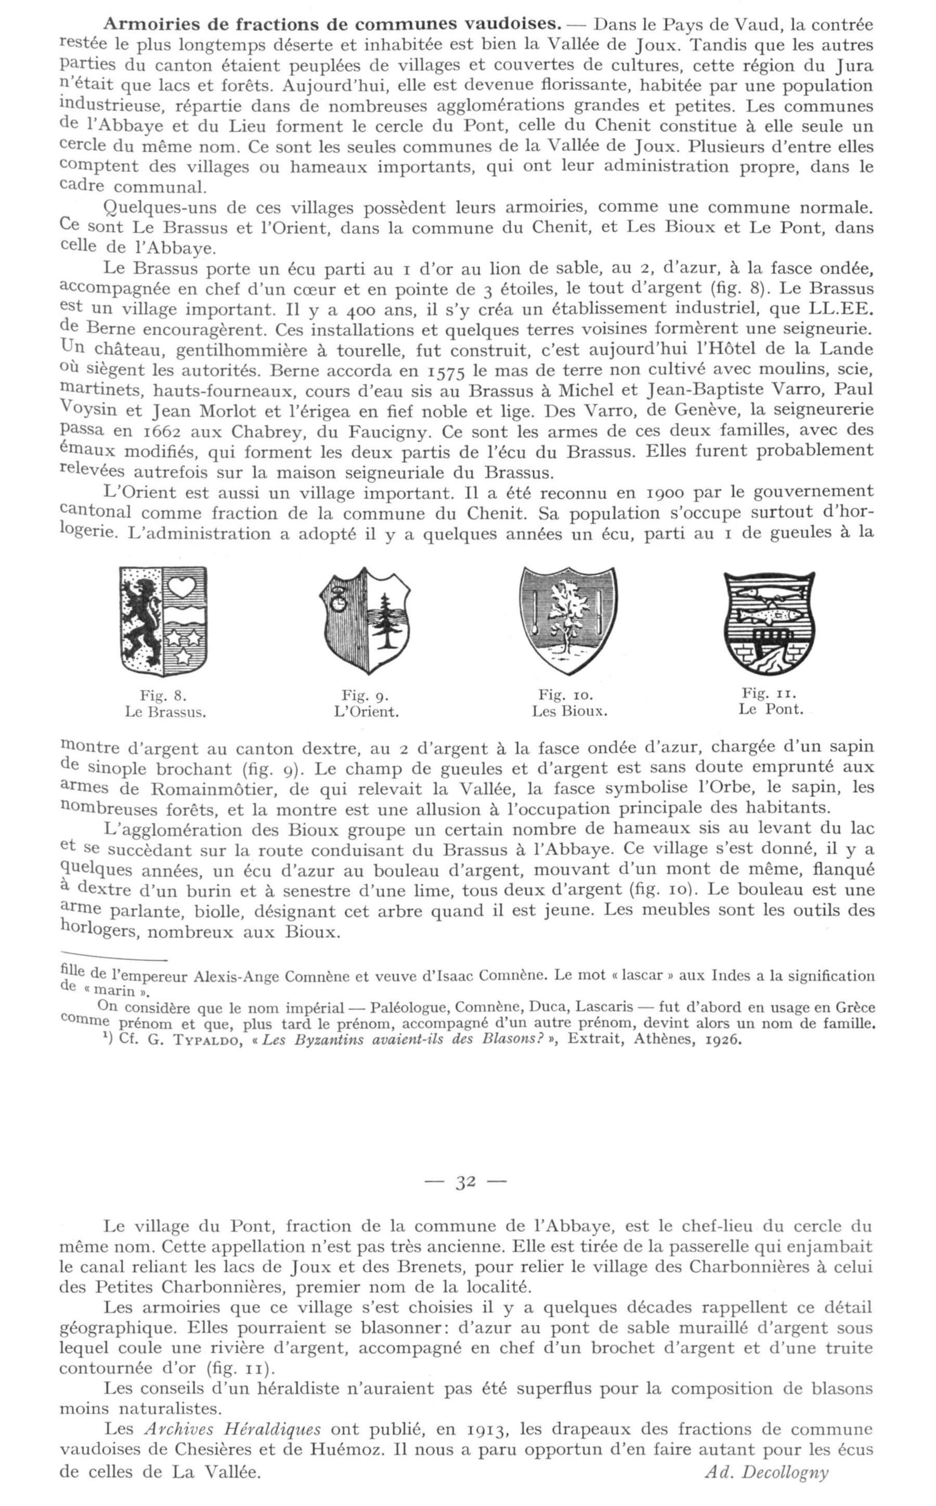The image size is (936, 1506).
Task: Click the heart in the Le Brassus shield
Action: tap(184, 586)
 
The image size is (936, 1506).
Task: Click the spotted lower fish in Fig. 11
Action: tap(768, 616)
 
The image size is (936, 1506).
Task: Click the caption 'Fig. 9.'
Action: tap(365, 695)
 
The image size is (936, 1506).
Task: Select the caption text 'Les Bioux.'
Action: tap(569, 712)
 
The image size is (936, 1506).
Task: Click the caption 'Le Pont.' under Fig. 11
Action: tap(771, 710)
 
